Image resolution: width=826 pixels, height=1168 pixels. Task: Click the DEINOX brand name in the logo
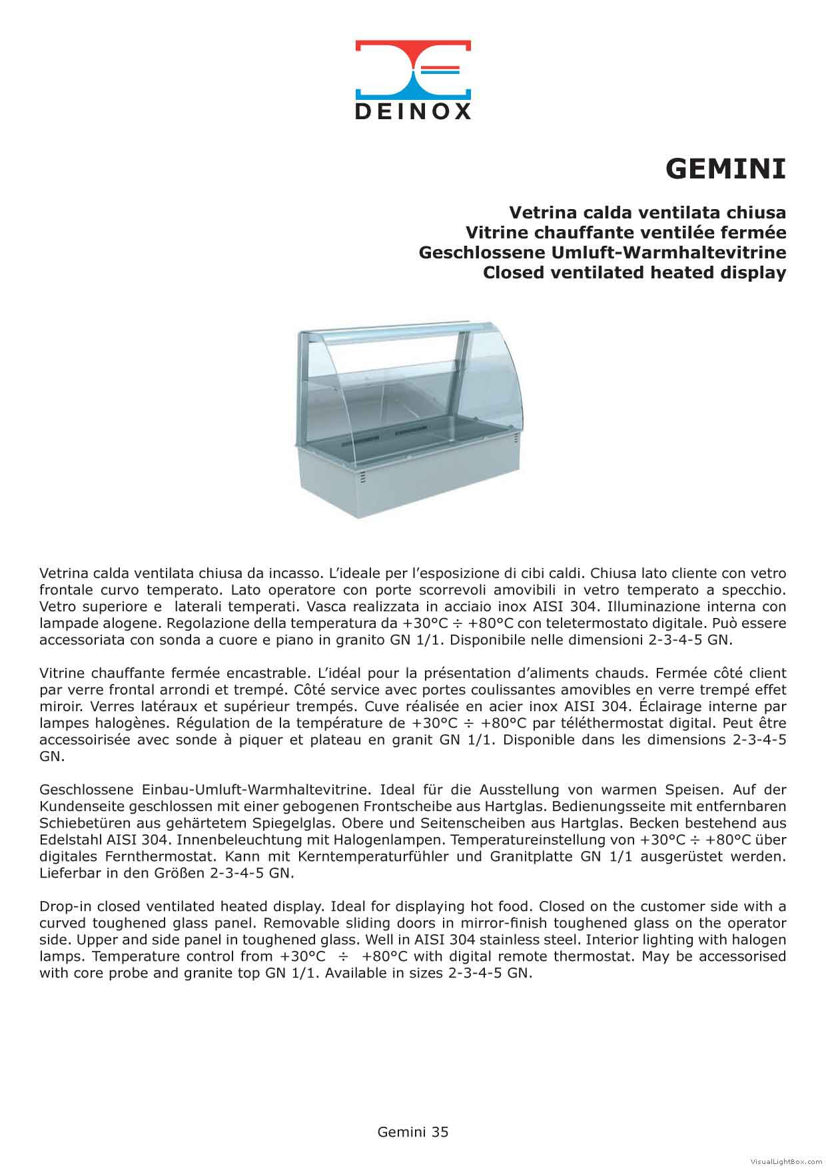point(413,111)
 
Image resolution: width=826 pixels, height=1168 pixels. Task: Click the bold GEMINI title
point(725,169)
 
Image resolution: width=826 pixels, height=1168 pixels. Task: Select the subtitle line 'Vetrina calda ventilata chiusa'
point(647,212)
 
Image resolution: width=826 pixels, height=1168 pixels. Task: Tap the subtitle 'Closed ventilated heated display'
point(634,272)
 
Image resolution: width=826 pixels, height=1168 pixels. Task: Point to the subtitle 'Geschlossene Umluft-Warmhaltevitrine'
point(602,252)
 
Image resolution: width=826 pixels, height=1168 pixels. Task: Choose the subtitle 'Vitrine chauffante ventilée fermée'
point(625,232)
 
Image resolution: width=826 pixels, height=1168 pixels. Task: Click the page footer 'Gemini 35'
point(413,1131)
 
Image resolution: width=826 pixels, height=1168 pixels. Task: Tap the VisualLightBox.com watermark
point(786,1161)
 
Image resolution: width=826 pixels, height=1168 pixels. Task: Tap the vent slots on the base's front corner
point(362,477)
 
